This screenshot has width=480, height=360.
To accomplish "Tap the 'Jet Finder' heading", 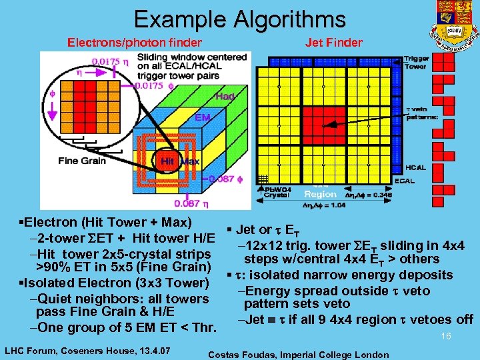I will coord(334,43).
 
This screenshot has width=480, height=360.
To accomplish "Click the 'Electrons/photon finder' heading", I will coord(135,43).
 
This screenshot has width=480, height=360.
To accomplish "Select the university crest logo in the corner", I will coord(455,20).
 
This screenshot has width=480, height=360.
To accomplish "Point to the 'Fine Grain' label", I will coord(82,161).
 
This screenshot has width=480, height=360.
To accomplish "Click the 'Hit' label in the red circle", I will coord(167,162).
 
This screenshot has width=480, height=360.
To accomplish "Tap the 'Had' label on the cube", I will coord(225,97).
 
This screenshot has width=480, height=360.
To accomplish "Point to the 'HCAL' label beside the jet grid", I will coord(416,167).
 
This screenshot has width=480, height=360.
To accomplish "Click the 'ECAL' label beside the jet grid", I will coord(416,180).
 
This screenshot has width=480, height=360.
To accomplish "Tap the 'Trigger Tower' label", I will coord(416,63).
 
